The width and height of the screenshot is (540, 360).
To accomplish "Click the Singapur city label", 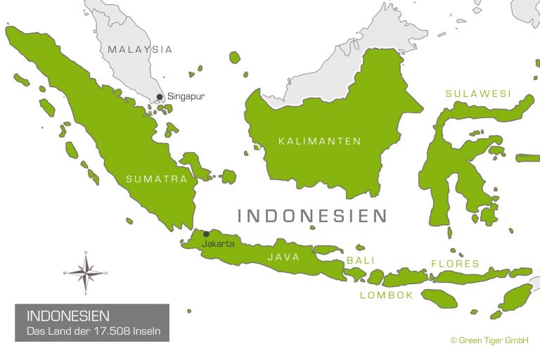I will click(x=186, y=96).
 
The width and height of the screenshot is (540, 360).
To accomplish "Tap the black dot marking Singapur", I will click(x=160, y=97).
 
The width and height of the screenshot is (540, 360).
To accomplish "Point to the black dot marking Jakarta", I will click(x=206, y=234).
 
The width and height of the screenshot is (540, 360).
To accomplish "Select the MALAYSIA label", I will click(x=140, y=49).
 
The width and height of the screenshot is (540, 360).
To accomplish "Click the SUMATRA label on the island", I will click(x=156, y=179).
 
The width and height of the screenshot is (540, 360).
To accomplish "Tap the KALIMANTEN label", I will click(x=319, y=141).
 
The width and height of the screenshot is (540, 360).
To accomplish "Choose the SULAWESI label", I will click(x=479, y=93).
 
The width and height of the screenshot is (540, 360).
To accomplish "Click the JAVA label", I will click(x=283, y=257).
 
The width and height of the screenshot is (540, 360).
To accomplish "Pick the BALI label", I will click(x=356, y=261).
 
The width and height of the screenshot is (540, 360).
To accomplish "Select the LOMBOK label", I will click(x=387, y=295).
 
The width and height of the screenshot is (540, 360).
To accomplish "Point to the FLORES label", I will click(x=455, y=264).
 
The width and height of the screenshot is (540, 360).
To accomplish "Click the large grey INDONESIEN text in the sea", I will click(x=312, y=215).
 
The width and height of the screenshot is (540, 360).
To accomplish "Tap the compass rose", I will click(x=85, y=272).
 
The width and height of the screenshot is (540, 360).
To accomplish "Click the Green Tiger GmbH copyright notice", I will click(x=489, y=340).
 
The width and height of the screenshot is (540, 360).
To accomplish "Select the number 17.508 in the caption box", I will click(x=120, y=330).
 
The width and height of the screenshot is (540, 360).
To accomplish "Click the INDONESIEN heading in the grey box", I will click(x=67, y=316).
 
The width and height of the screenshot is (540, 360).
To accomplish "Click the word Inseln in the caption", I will click(x=153, y=330).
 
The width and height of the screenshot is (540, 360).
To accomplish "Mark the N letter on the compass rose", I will click(x=85, y=252).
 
